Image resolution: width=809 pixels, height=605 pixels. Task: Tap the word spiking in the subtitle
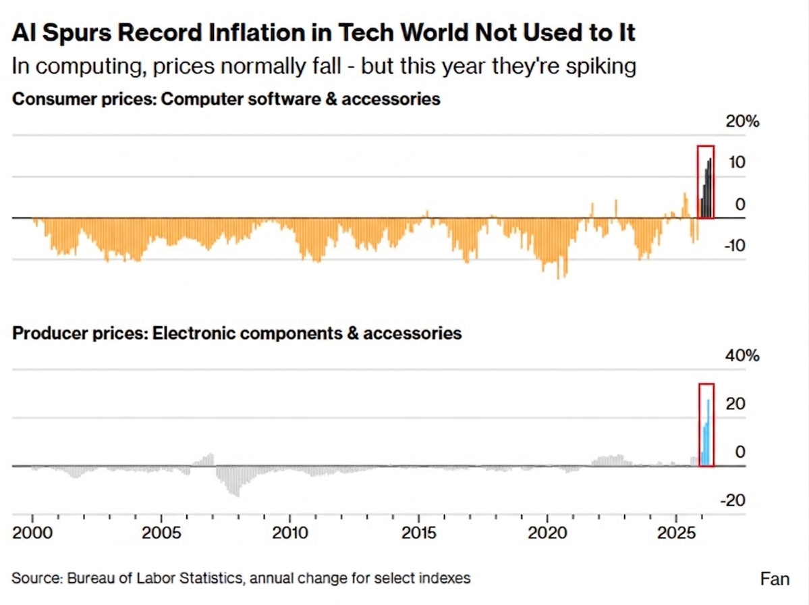coord(601,67)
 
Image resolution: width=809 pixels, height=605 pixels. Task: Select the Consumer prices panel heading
coord(226,99)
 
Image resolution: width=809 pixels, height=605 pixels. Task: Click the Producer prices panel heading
coord(237,333)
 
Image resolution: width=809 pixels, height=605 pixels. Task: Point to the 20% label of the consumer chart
coord(742,122)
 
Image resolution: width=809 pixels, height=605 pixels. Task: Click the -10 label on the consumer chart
coord(735,245)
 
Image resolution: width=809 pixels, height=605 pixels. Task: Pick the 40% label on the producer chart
coord(742,356)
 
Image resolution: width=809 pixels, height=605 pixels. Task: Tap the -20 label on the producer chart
coord(733,500)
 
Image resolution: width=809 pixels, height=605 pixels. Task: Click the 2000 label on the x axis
coord(32,532)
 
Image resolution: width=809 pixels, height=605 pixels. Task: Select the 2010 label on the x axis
coord(290,532)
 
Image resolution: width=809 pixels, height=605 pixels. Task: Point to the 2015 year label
coord(419,532)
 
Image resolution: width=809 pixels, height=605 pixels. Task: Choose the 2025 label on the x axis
coord(676,532)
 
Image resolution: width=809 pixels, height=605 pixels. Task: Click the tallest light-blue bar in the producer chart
coord(708,433)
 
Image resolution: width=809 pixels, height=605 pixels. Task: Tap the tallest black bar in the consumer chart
coord(710,188)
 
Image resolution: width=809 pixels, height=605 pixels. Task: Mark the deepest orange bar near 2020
coord(558,248)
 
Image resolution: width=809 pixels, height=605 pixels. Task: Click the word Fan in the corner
coord(775,579)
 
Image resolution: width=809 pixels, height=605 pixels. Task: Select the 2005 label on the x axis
coord(161,532)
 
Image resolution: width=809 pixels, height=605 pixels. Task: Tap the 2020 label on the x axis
coord(547,532)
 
